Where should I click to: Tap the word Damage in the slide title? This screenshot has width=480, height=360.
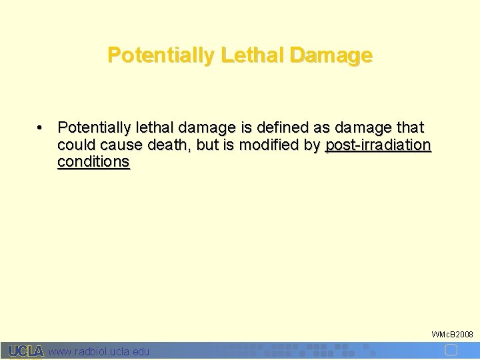click(331, 55)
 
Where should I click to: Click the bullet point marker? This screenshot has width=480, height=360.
click(41, 127)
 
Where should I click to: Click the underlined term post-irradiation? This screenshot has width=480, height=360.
click(378, 145)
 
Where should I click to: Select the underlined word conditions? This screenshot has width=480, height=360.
click(93, 162)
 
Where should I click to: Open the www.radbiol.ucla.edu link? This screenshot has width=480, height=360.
click(99, 351)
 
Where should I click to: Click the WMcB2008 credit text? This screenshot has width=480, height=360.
click(452, 333)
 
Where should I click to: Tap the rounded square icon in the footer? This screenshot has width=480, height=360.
click(450, 350)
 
